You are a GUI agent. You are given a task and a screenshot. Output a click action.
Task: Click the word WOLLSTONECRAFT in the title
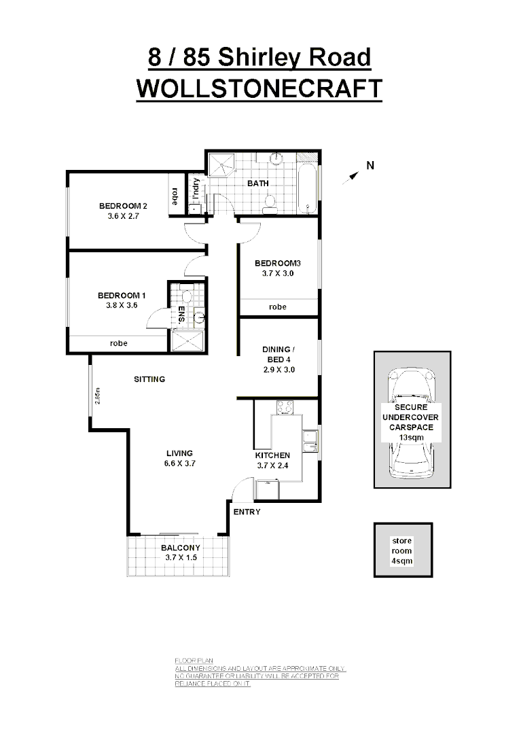click(259, 89)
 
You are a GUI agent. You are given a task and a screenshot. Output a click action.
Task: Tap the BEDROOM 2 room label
click(123, 206)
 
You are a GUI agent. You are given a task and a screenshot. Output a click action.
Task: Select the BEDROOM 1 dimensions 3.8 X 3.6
click(122, 306)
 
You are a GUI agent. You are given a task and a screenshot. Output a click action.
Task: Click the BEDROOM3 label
click(277, 263)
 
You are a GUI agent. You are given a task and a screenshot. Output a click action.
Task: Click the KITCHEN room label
click(272, 455)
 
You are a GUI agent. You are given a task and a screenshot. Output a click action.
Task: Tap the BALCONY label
click(180, 548)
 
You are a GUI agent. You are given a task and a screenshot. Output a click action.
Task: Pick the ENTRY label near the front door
click(247, 512)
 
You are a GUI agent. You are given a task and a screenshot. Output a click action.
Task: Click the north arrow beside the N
click(350, 177)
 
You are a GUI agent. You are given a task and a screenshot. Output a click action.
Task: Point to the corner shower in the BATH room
click(221, 164)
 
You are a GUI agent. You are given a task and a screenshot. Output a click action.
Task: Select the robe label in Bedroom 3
click(277, 307)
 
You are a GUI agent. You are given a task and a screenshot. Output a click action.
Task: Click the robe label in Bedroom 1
click(119, 343)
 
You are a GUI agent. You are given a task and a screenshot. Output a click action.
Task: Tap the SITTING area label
click(149, 379)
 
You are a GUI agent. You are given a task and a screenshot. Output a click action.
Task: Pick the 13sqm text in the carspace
click(410, 438)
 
